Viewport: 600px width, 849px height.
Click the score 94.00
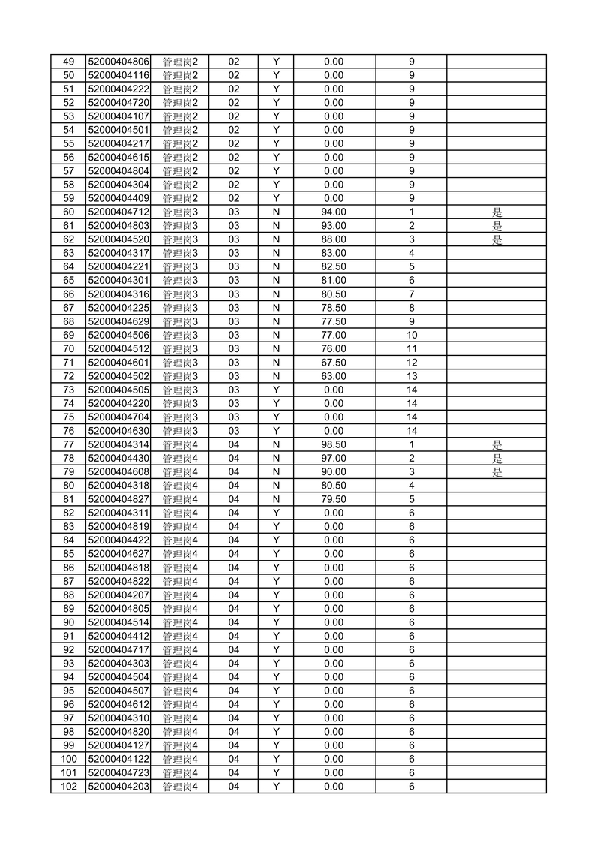pyautogui.click(x=334, y=212)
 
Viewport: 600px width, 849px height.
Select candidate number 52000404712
pyautogui.click(x=119, y=212)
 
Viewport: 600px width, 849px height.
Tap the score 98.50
pyautogui.click(x=334, y=444)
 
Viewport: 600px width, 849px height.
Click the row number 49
pyautogui.click(x=68, y=62)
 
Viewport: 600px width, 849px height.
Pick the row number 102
pyautogui.click(x=68, y=786)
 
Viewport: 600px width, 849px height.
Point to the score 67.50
pyautogui.click(x=334, y=363)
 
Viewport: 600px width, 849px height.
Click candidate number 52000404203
pyautogui.click(x=119, y=786)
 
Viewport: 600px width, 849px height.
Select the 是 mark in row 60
pyautogui.click(x=496, y=212)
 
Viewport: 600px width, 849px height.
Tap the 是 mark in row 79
pyautogui.click(x=496, y=472)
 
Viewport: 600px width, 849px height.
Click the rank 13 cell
pyautogui.click(x=412, y=376)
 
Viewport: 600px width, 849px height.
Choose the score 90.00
pyautogui.click(x=334, y=472)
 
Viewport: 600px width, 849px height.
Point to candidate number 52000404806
pyautogui.click(x=119, y=62)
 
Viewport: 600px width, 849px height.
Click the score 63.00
pyautogui.click(x=334, y=376)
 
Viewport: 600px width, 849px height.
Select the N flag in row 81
pyautogui.click(x=276, y=499)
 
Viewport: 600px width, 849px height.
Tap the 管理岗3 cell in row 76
pyautogui.click(x=180, y=431)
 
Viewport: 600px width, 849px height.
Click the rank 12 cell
pyautogui.click(x=412, y=363)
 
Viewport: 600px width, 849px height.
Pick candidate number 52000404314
pyautogui.click(x=119, y=444)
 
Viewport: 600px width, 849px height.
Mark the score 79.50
pyautogui.click(x=334, y=499)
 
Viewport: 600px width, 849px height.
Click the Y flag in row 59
pyautogui.click(x=276, y=198)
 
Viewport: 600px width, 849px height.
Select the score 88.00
pyautogui.click(x=334, y=239)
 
